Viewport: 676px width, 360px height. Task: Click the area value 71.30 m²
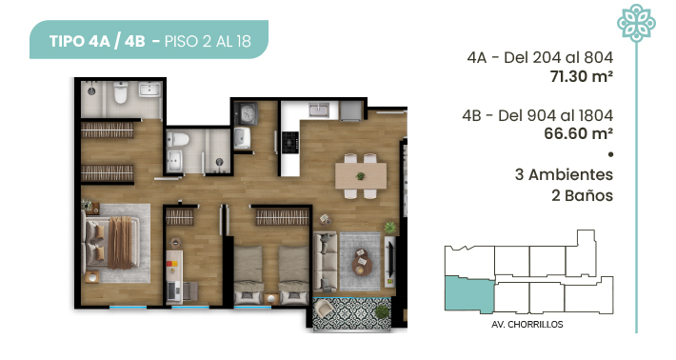[x=581, y=76]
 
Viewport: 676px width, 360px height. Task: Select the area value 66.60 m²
[x=578, y=133]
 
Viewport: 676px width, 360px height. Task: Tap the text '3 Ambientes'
[x=564, y=174]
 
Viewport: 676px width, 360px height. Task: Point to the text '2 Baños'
[x=582, y=196]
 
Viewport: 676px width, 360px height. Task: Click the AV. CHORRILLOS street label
[x=527, y=324]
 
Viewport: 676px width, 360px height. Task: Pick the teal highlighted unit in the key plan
[x=469, y=295]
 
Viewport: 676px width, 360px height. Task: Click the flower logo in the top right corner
[x=636, y=23]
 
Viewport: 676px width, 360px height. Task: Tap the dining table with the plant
[x=361, y=175]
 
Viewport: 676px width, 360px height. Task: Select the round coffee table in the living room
[x=362, y=262]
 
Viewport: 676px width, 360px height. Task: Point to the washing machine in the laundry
[x=247, y=114]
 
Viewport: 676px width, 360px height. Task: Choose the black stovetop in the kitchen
[x=290, y=142]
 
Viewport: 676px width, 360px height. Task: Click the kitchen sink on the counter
[x=318, y=110]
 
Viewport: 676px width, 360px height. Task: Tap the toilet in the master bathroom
[x=121, y=91]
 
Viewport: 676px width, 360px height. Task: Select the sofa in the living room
[x=325, y=261]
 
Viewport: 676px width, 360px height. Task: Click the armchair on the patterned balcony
[x=324, y=308]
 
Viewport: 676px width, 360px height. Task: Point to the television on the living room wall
[x=392, y=259]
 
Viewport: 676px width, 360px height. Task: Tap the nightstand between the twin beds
[x=271, y=298]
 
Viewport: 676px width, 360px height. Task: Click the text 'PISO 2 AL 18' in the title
[x=208, y=41]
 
